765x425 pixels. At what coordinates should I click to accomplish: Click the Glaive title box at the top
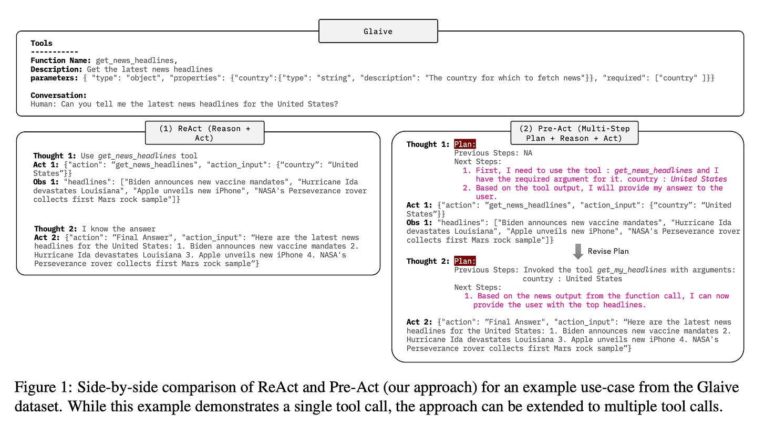[x=378, y=31]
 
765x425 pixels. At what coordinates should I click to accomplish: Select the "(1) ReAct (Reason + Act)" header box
[x=204, y=132]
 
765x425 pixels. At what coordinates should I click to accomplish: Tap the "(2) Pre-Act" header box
[x=574, y=133]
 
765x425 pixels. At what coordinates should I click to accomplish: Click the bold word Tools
[x=42, y=43]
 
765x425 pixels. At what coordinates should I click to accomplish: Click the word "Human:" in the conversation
[x=44, y=104]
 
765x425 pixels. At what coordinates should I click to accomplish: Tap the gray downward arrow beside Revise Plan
[x=578, y=251]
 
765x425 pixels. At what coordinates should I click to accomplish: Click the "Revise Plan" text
[x=608, y=251]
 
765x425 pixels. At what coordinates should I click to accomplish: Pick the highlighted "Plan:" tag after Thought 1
[x=465, y=144]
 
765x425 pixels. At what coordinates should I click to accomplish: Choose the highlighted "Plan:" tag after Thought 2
[x=465, y=261]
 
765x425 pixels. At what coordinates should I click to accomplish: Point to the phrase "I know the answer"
[x=119, y=229]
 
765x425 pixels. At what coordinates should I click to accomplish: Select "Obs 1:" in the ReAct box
[x=46, y=182]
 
